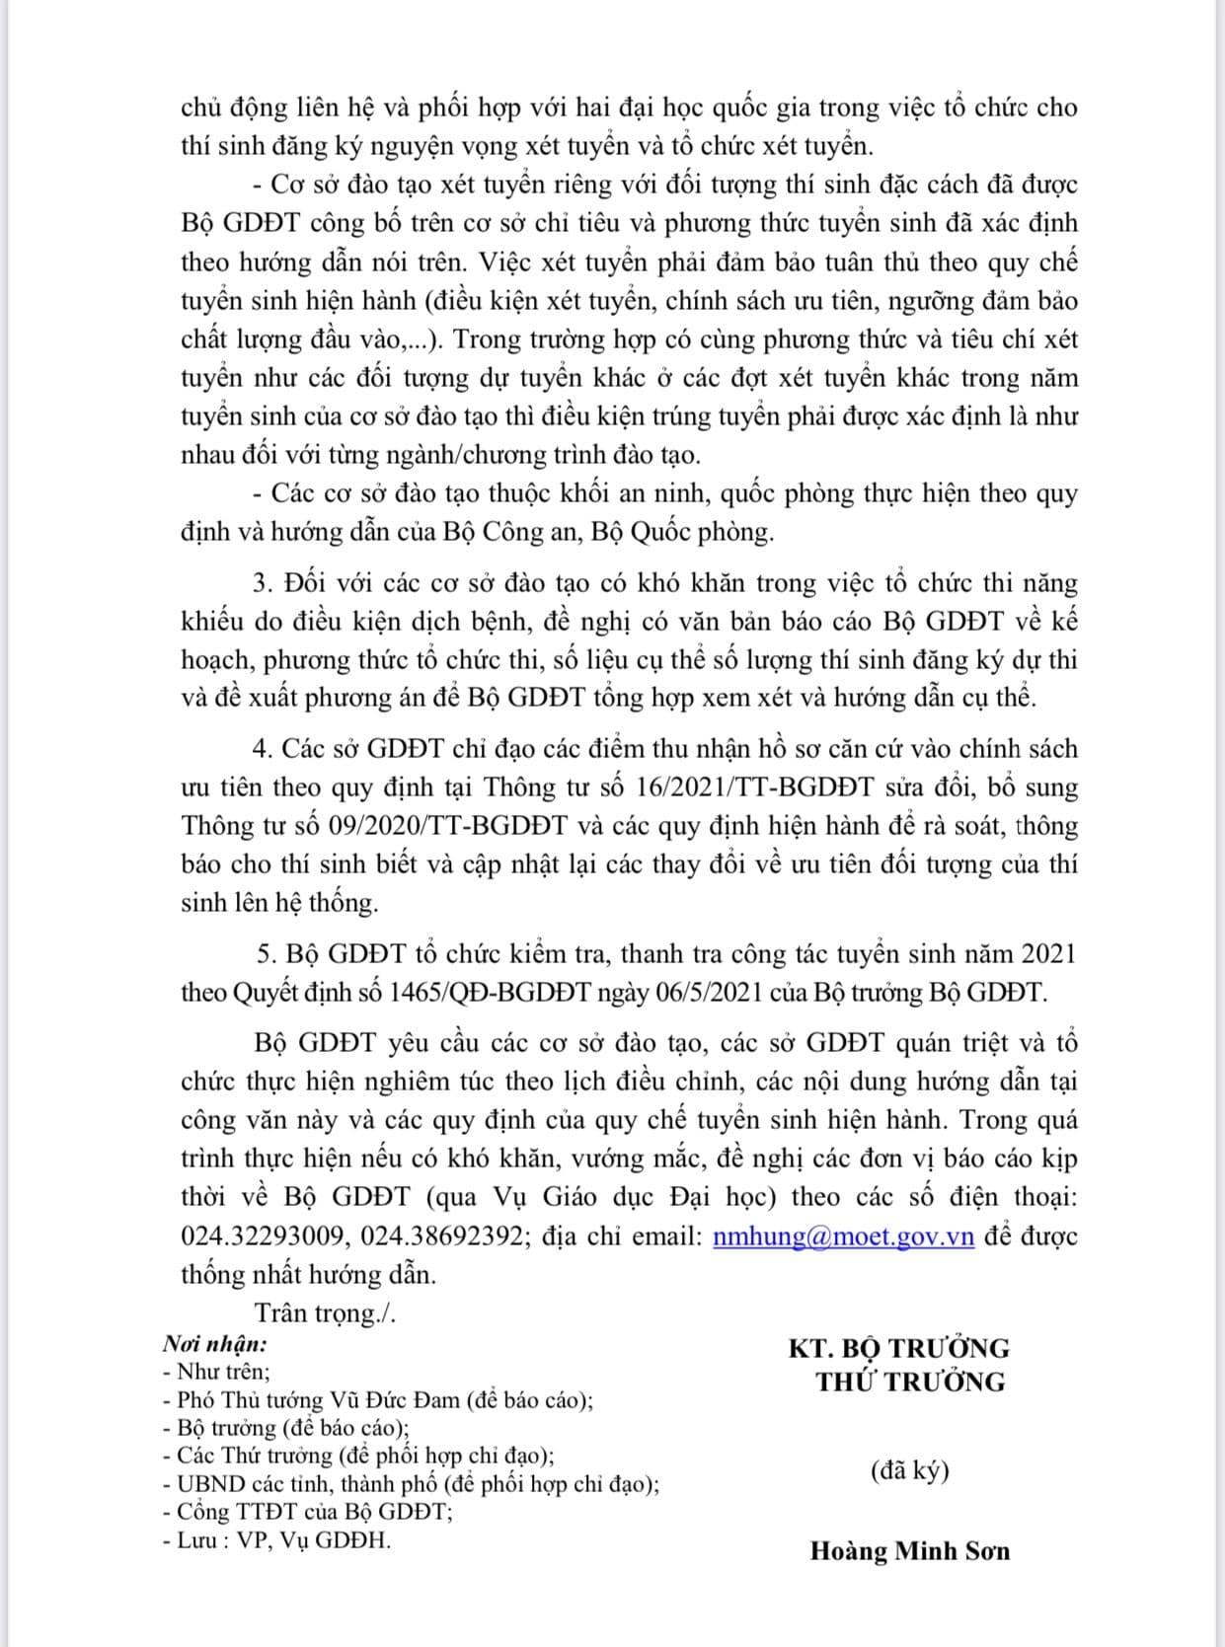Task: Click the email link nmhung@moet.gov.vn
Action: (x=843, y=1236)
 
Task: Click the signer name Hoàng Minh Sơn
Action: (x=909, y=1551)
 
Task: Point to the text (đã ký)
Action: (x=909, y=1470)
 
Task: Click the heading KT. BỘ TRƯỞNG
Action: (x=898, y=1348)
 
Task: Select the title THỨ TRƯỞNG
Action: (x=910, y=1382)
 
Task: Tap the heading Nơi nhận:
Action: (x=215, y=1343)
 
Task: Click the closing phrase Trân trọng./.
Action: (x=325, y=1313)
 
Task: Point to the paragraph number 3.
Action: (x=262, y=583)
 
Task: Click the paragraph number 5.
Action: (x=265, y=954)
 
